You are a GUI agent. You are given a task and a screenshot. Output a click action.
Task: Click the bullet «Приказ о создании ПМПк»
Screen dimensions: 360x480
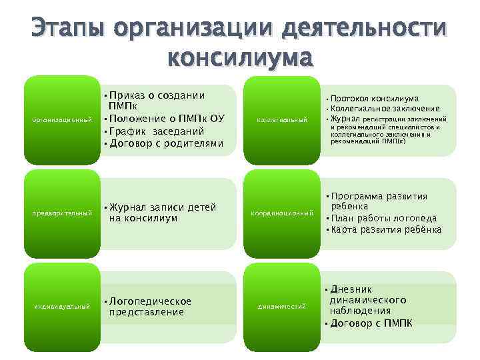(156, 101)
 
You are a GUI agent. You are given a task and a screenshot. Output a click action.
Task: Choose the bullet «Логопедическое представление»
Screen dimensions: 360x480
(149, 306)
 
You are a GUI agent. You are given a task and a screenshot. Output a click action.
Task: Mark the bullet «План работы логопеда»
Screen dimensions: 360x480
(384, 218)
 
